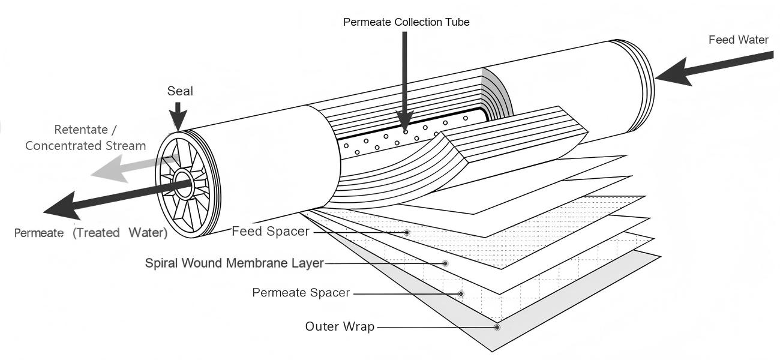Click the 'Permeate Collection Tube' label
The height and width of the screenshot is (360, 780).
(x=406, y=22)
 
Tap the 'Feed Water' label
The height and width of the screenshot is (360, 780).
(x=738, y=40)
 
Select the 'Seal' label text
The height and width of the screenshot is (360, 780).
(x=180, y=91)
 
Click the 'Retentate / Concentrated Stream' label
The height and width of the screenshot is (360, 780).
(x=85, y=137)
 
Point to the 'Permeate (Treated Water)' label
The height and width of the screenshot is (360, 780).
(x=91, y=233)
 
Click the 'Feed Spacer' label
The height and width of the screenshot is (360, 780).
(x=271, y=232)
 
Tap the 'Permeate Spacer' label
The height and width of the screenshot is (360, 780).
(x=301, y=293)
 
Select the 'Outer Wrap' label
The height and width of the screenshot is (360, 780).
(x=340, y=327)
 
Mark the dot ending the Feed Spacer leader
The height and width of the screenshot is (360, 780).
(x=407, y=232)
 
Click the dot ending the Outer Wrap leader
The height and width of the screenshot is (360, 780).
(x=497, y=327)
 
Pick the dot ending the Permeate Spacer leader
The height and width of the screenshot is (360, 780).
(x=461, y=293)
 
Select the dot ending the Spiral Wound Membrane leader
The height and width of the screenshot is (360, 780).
(x=445, y=263)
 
